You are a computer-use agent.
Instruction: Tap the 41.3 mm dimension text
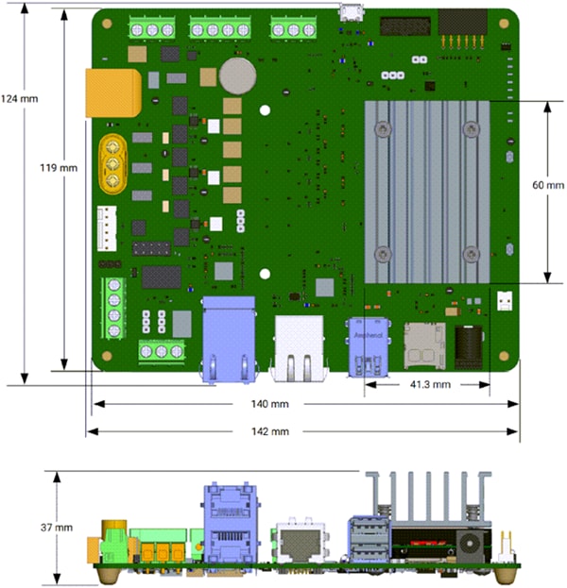click(427, 385)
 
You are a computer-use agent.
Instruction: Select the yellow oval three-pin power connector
click(112, 163)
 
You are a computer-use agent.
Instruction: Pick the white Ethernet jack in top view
click(300, 347)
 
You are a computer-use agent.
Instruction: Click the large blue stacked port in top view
click(230, 340)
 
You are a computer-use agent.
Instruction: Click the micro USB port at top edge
click(352, 13)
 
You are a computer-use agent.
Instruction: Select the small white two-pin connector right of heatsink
click(504, 301)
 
